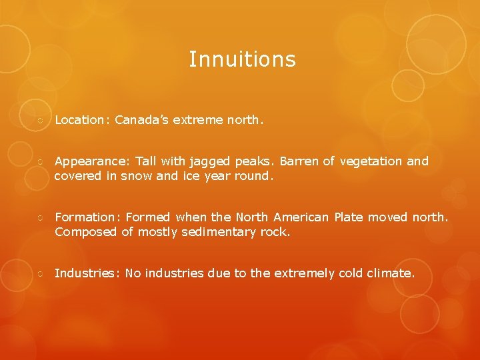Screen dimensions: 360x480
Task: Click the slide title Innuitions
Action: (x=242, y=59)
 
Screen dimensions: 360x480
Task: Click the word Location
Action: (x=77, y=121)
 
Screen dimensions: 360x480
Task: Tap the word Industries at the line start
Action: (x=85, y=273)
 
